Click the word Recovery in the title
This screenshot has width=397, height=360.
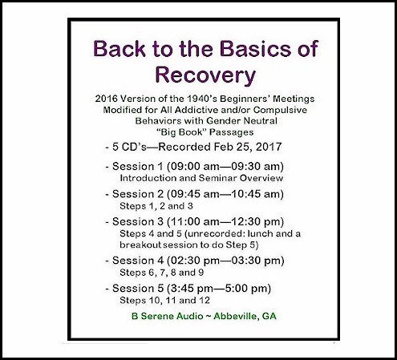tap(205, 75)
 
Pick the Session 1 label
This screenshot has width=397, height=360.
tap(137, 166)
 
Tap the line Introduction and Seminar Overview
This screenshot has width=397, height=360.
tap(201, 178)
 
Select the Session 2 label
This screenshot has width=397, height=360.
tap(137, 194)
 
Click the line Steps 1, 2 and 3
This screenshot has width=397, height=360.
tap(156, 206)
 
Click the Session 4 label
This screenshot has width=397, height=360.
tap(137, 261)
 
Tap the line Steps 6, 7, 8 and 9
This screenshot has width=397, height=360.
tap(161, 273)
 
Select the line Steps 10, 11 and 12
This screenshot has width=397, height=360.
tap(164, 301)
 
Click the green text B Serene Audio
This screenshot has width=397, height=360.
tap(168, 316)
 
